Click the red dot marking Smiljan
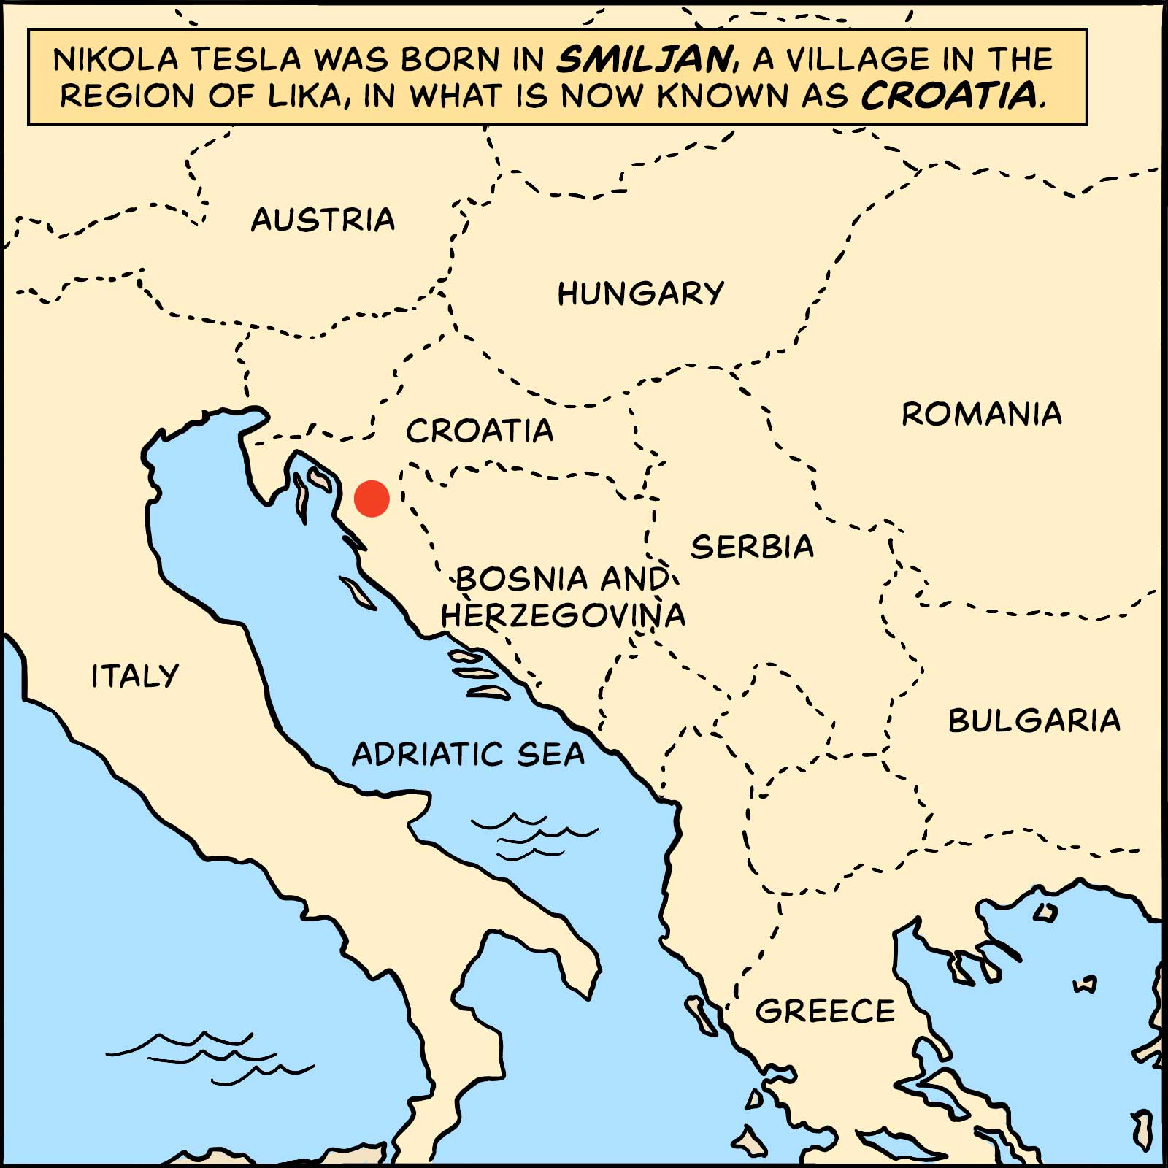pyautogui.click(x=372, y=499)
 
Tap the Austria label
pyautogui.click(x=323, y=220)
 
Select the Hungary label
pyautogui.click(x=640, y=293)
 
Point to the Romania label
pyautogui.click(x=981, y=414)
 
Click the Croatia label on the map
pyautogui.click(x=480, y=431)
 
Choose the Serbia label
pyautogui.click(x=752, y=547)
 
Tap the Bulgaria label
pyautogui.click(x=1034, y=721)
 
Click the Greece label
pyautogui.click(x=825, y=1012)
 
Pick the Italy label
pyautogui.click(x=135, y=676)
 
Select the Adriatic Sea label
pyautogui.click(x=468, y=754)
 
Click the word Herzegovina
pyautogui.click(x=563, y=615)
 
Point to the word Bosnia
pyautogui.click(x=522, y=579)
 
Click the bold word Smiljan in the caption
pyautogui.click(x=645, y=59)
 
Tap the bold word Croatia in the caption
pyautogui.click(x=949, y=96)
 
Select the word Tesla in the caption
pyautogui.click(x=245, y=59)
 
